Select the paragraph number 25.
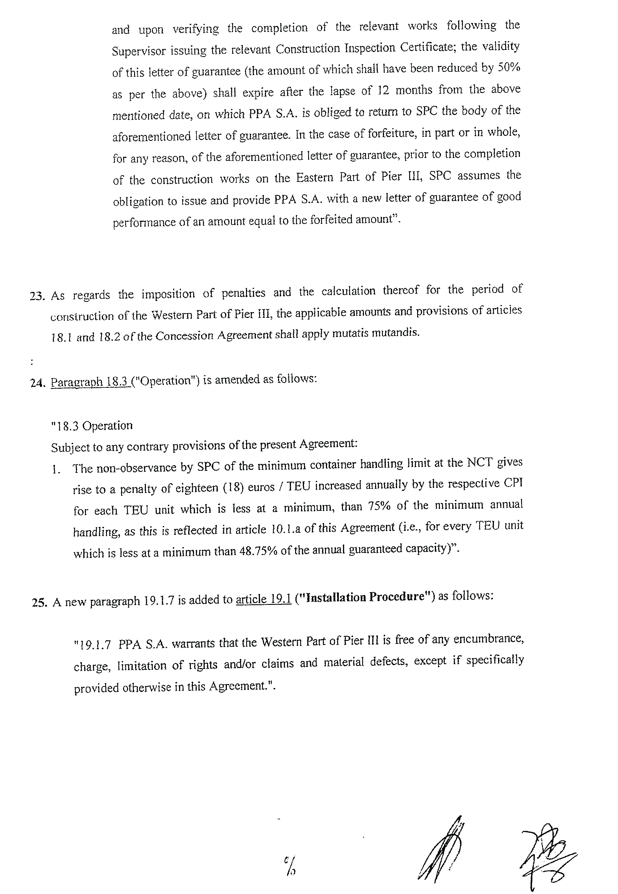tap(40, 603)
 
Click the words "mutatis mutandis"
tap(380, 333)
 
